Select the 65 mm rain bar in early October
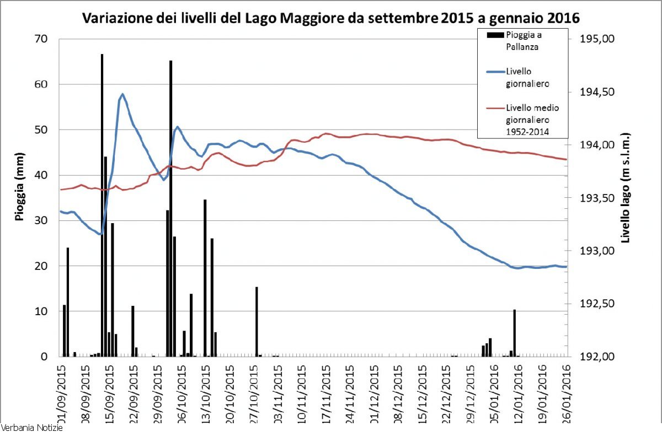[x=170, y=209]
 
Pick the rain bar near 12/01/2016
[x=515, y=333]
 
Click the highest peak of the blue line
[x=122, y=94]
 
